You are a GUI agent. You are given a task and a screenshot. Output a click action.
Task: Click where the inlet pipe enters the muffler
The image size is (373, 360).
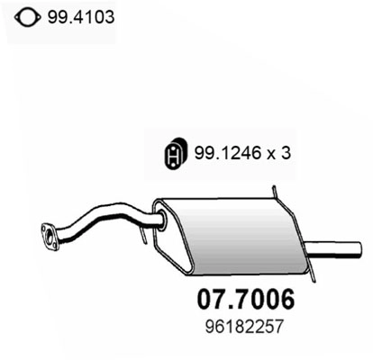(160, 218)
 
